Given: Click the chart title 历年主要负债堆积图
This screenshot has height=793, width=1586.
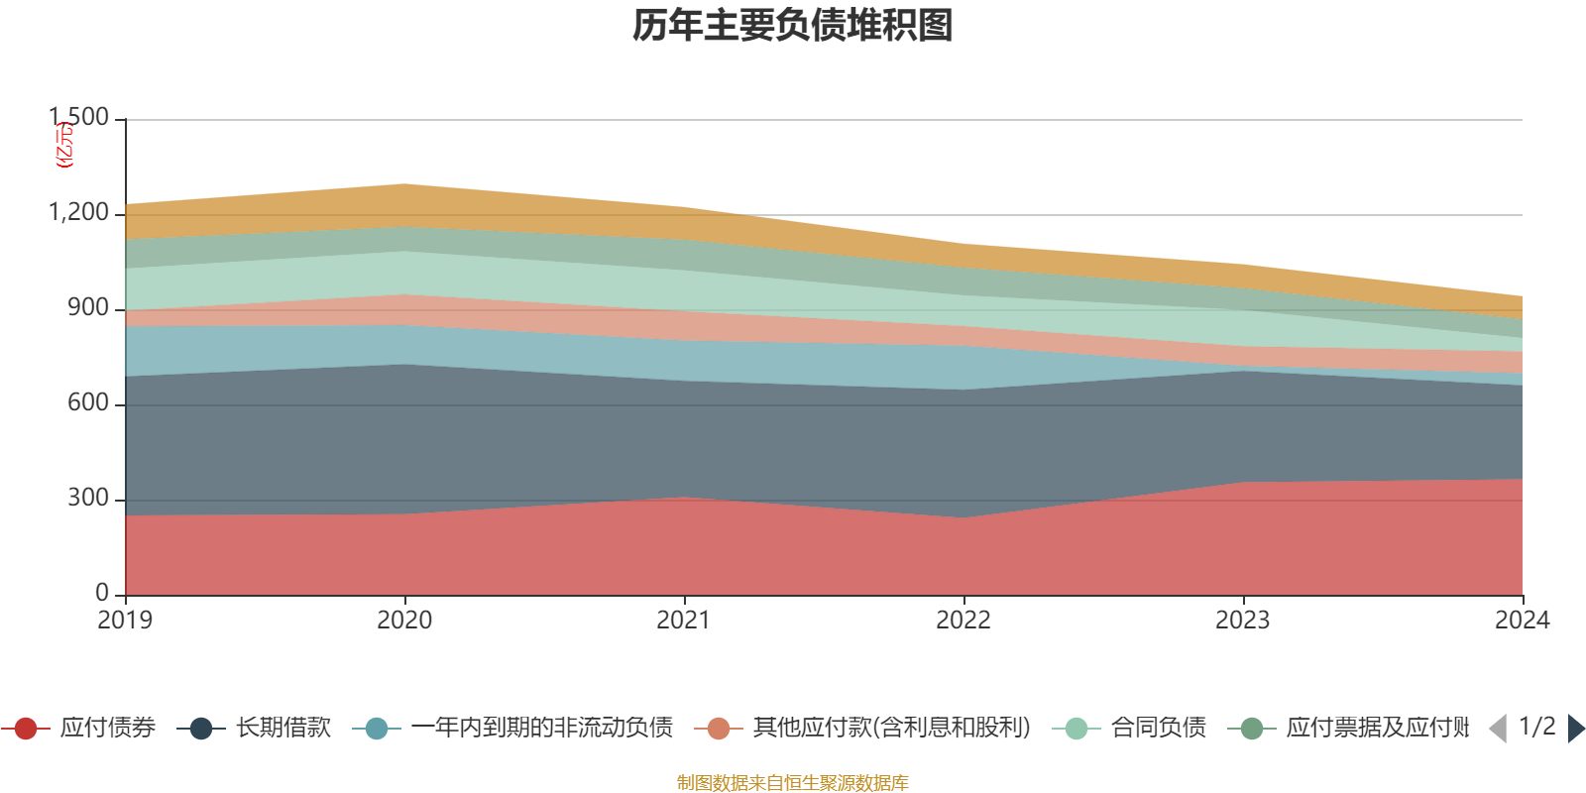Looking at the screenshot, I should click(793, 26).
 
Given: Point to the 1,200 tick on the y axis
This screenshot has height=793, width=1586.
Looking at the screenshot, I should click(79, 213).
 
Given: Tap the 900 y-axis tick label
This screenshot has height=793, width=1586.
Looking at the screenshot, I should click(88, 308).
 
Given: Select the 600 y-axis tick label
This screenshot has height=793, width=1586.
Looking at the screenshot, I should click(88, 403).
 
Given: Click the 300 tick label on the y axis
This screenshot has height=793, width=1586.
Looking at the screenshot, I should click(88, 499).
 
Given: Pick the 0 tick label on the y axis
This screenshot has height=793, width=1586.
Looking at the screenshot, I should click(102, 593).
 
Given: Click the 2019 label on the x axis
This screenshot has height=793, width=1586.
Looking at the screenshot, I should click(125, 621).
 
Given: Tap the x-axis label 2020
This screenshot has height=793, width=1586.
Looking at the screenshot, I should click(404, 621).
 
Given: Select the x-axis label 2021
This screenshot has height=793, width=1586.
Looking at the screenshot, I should click(684, 621).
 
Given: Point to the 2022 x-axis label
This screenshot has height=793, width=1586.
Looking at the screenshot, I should click(963, 621).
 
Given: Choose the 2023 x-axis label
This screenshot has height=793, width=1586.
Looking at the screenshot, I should click(1243, 621).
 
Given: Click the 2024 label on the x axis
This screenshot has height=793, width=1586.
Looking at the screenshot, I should click(1522, 621).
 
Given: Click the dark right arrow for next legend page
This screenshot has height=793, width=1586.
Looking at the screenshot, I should click(1576, 729).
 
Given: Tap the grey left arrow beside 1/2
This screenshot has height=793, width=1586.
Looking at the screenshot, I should click(1498, 729).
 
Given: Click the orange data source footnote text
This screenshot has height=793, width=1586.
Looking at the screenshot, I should click(793, 783).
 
